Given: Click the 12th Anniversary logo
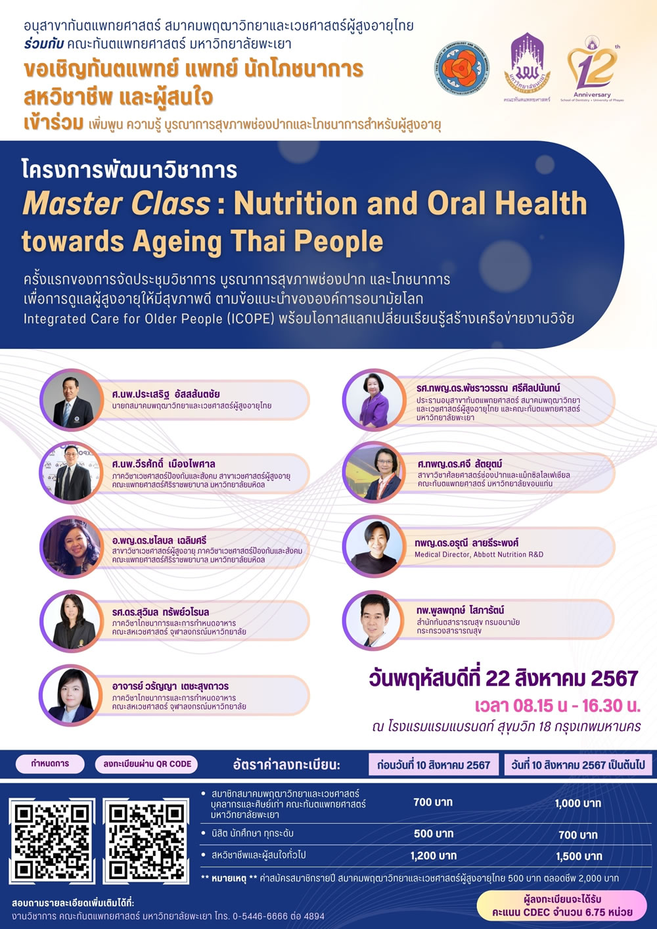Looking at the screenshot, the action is pos(593,69).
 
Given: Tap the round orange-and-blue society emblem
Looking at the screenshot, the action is pos(462,68).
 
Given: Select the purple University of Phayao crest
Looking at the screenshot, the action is pos(527,68).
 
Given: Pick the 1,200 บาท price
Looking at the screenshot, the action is pos(434,855).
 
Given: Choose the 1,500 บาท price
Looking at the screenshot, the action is pos(579,856).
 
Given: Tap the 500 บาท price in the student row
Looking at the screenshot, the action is pos(434,834).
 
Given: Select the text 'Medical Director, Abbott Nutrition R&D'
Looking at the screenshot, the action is pos(479,554).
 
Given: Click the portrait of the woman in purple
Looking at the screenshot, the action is pos(374,399).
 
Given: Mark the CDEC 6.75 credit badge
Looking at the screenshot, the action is pos(562,906).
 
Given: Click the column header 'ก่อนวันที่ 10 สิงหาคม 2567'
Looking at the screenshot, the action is pos(434,764).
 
